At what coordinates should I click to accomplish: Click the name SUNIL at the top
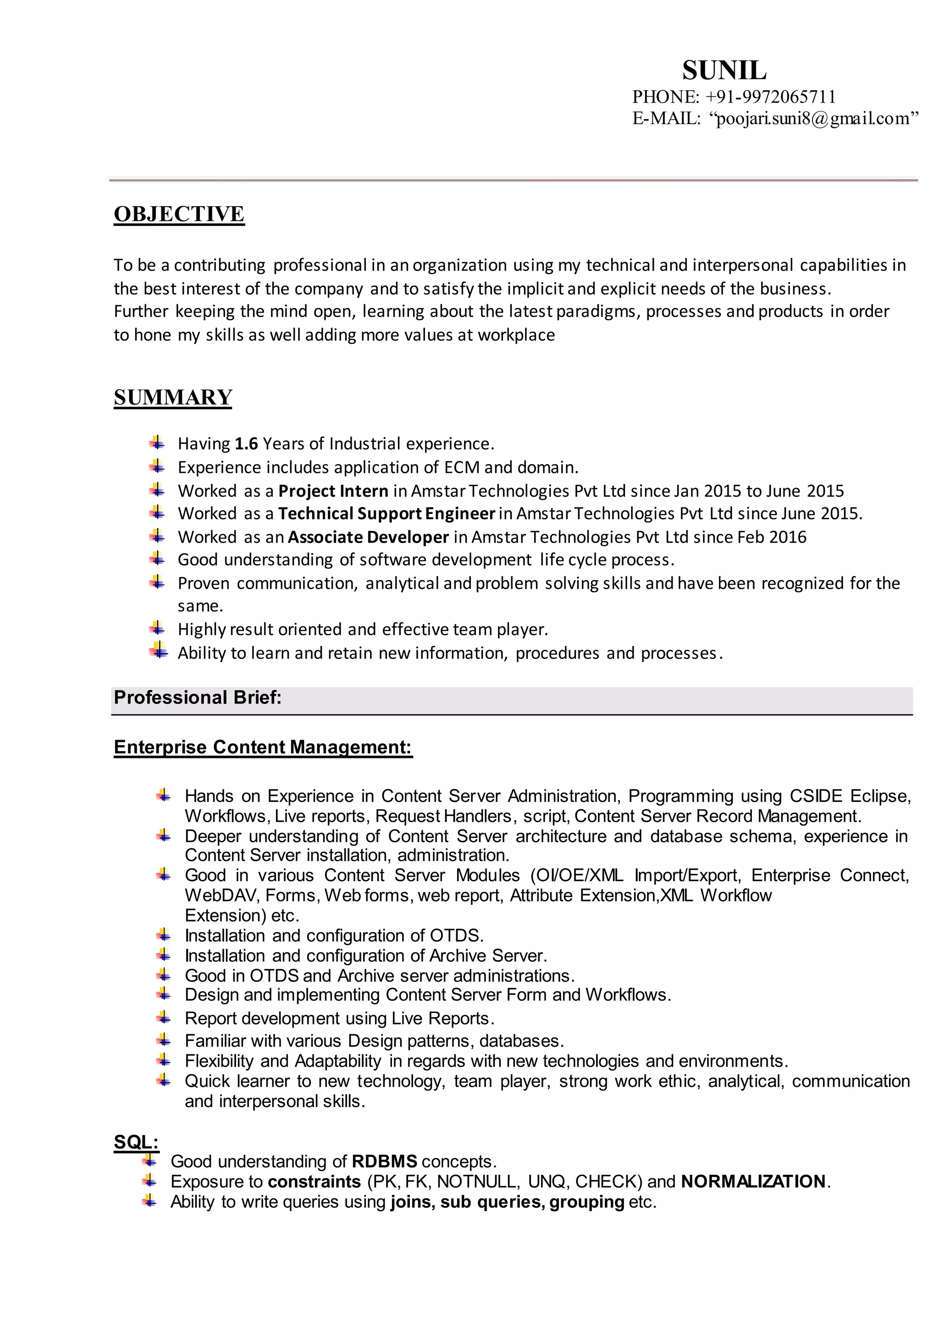coord(724,71)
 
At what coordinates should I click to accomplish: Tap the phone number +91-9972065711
coord(770,97)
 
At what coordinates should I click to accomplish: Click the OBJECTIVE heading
coord(179,214)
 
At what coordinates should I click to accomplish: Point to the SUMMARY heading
coord(173,397)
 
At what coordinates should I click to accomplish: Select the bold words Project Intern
coord(333,491)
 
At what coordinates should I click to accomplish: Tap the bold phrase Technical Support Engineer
coord(386,513)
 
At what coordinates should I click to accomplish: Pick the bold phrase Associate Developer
coord(368,537)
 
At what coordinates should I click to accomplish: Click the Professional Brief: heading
coord(198,697)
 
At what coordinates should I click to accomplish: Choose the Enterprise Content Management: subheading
coord(263,747)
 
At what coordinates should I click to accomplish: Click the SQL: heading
coord(136,1141)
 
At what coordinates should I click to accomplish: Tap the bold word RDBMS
coord(385,1161)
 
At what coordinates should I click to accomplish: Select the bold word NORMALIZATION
coord(753,1181)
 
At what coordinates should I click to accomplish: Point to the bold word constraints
coord(315,1181)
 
